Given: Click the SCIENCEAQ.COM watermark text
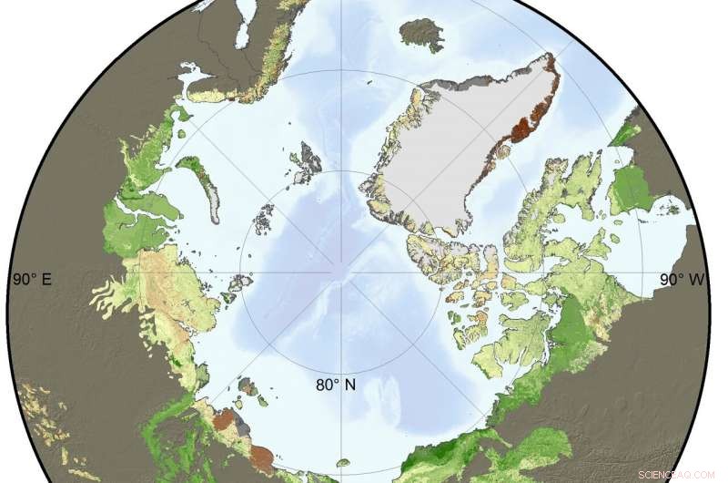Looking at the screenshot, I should pyautogui.click(x=680, y=473).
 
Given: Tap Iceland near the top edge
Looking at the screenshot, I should pyautogui.click(x=420, y=34).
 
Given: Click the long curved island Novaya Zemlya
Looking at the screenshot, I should pyautogui.click(x=202, y=182).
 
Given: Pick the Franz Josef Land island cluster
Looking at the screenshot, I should pyautogui.click(x=265, y=219).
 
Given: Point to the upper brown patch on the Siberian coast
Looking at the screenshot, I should pyautogui.click(x=223, y=420).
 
